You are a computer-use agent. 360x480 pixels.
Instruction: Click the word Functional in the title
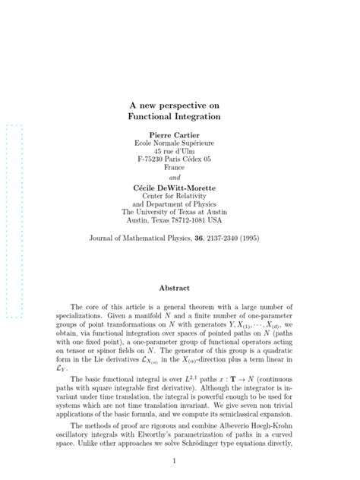[x=156, y=118]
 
